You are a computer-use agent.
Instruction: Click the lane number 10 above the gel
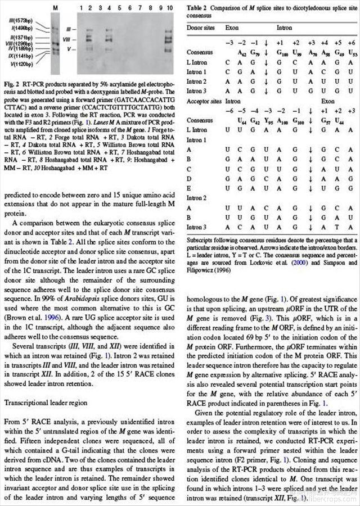pyautogui.click(x=169, y=8)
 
